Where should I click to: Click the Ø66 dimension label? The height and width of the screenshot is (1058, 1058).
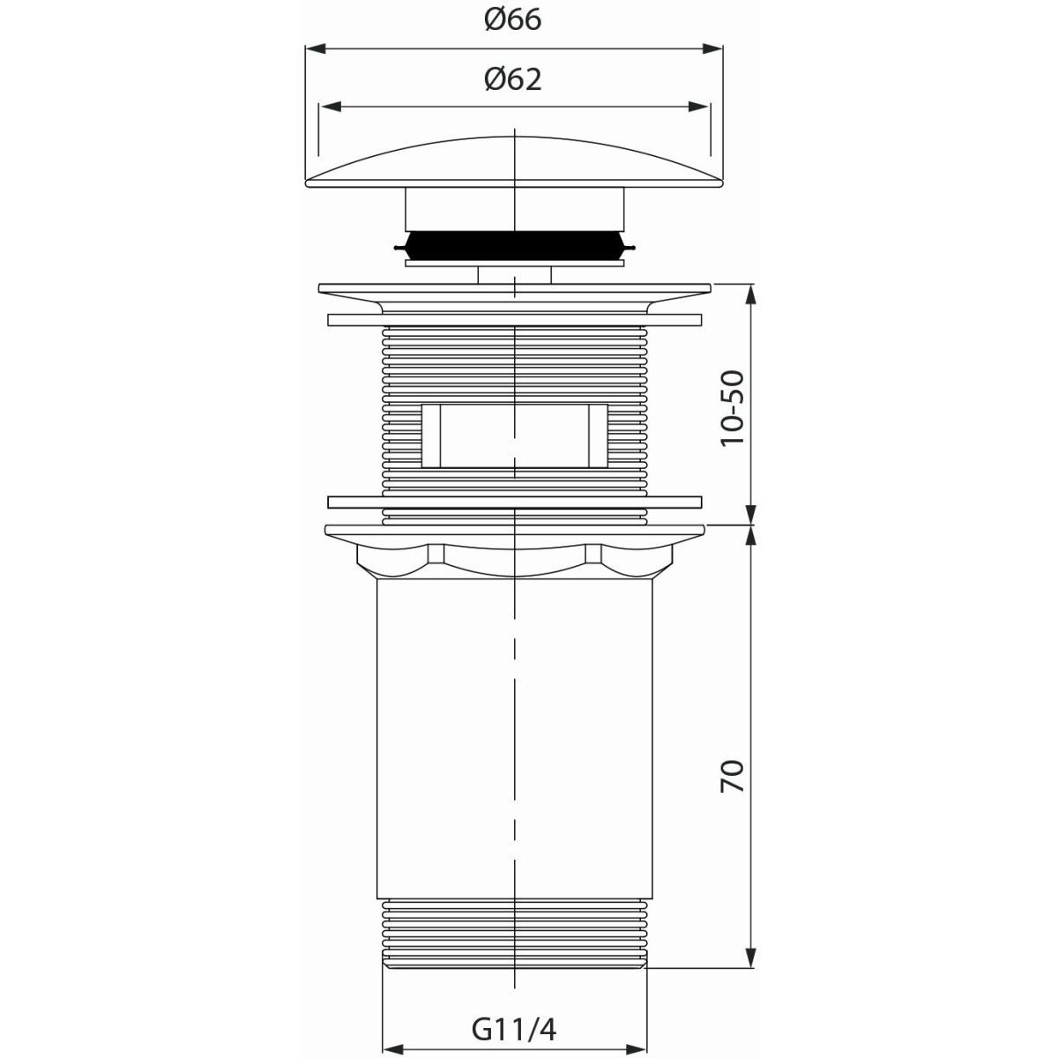tap(513, 20)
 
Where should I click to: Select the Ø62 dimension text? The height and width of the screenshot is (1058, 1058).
tap(513, 79)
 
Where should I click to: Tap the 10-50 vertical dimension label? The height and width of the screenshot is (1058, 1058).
tap(733, 407)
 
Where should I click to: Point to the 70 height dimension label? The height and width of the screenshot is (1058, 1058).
tap(733, 775)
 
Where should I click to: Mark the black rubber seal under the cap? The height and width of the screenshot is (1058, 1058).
tap(514, 246)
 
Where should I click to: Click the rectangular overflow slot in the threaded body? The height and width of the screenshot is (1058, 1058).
tap(514, 436)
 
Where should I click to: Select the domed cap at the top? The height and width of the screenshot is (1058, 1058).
tap(514, 162)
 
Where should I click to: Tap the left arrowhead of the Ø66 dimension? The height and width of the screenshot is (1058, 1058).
tap(316, 48)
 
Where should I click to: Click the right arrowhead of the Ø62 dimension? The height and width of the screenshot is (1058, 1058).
tap(697, 107)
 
